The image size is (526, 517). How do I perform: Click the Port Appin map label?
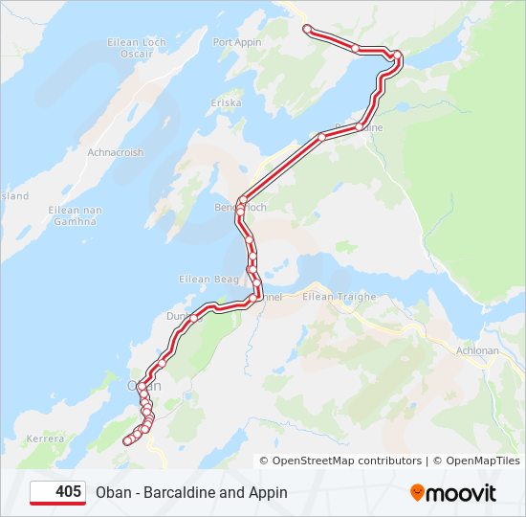tap(236, 42)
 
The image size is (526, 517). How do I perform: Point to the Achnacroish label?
tap(115, 152)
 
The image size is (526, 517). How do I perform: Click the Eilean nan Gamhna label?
tap(76, 215)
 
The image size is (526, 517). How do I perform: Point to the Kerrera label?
tap(45, 438)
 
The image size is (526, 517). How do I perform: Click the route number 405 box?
tap(58, 492)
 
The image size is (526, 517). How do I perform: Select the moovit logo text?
tap(461, 493)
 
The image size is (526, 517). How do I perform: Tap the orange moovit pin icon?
tap(417, 493)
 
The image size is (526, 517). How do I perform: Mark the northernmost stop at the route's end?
tap(307, 29)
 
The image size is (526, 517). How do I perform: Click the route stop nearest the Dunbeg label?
tap(194, 317)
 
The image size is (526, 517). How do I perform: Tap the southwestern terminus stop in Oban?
tap(127, 440)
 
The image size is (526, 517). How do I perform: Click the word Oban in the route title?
tap(113, 493)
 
